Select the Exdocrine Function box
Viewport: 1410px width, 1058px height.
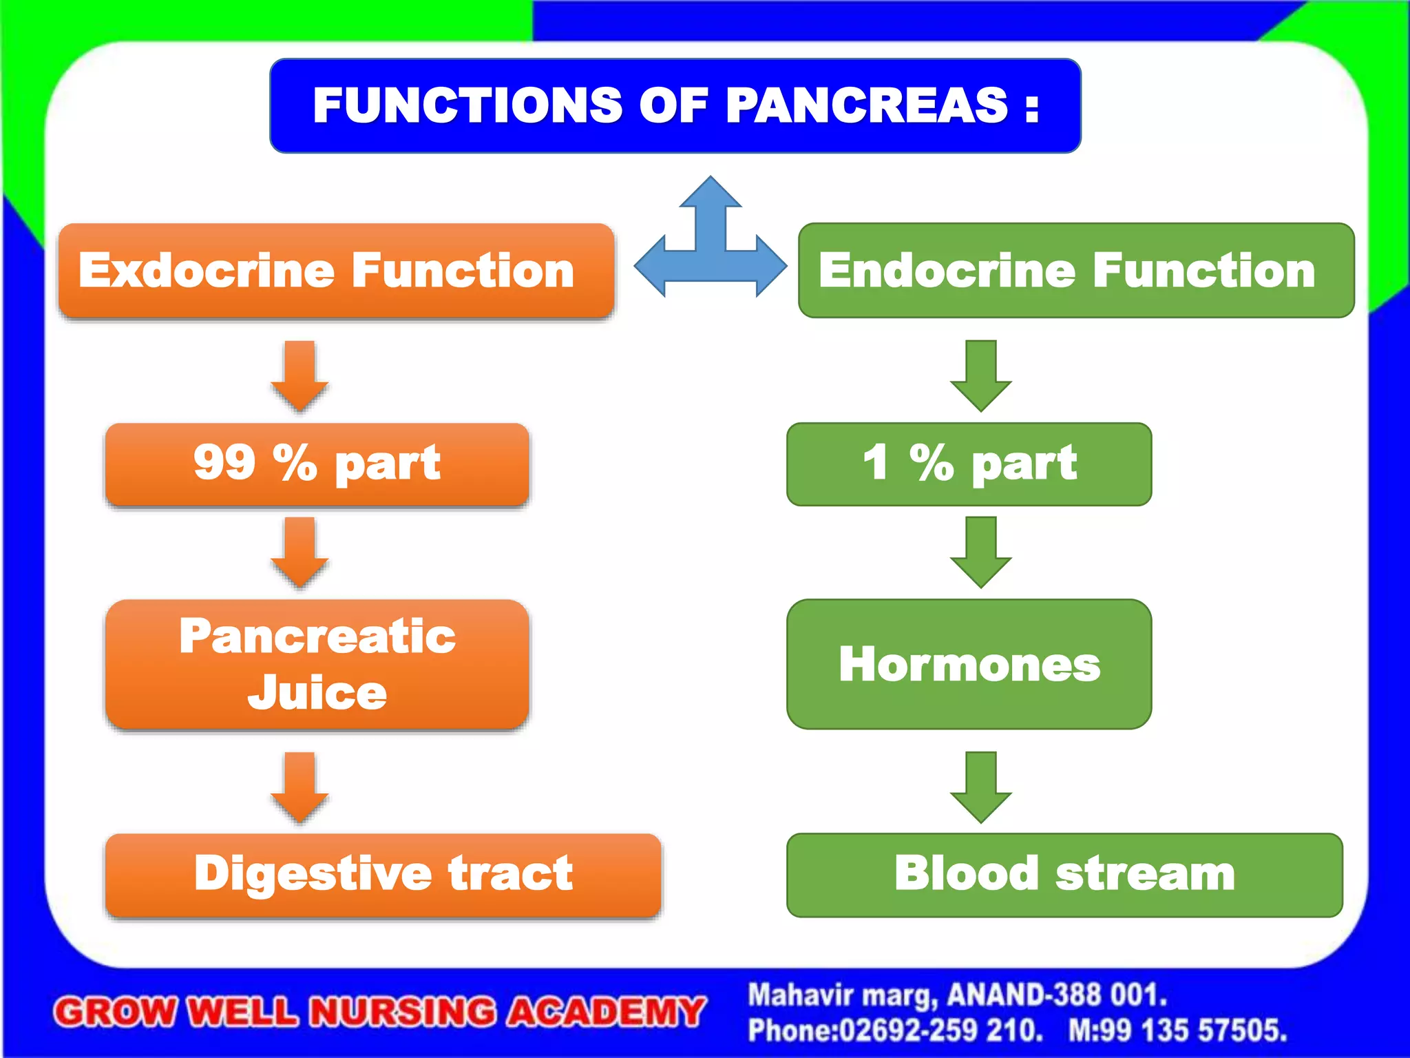click(x=336, y=270)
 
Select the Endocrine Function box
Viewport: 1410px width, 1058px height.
click(x=1076, y=270)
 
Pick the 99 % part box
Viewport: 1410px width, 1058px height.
click(x=317, y=464)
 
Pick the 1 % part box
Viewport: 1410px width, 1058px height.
click(x=969, y=464)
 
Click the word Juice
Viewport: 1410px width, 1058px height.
click(x=317, y=692)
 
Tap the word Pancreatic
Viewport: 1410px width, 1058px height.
click(x=317, y=636)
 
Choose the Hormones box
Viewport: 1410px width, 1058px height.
click(x=969, y=664)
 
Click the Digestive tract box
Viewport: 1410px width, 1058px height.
click(x=383, y=874)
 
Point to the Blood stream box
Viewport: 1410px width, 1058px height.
click(x=1064, y=874)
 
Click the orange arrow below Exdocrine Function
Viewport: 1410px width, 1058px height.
click(x=299, y=375)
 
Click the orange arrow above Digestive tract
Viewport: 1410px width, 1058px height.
click(x=299, y=787)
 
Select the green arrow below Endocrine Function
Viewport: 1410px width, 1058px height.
click(x=980, y=375)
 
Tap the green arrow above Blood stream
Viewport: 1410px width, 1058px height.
click(x=980, y=787)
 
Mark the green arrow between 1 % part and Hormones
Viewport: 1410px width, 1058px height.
click(x=980, y=552)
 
